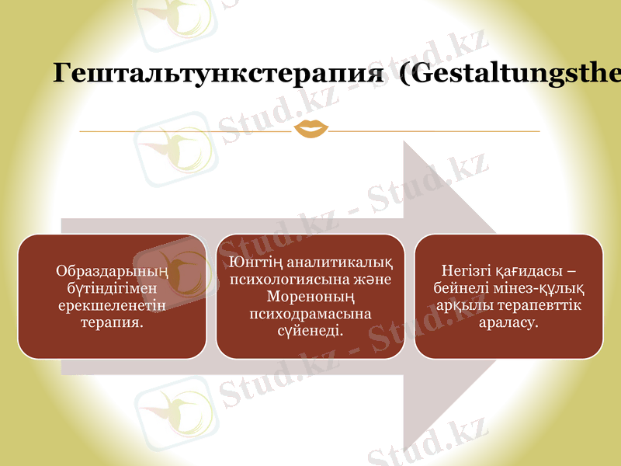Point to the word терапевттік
533,305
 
